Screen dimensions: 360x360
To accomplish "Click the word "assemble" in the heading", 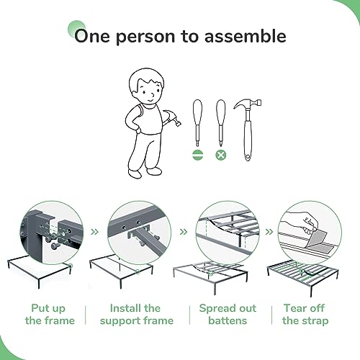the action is (x=245, y=36).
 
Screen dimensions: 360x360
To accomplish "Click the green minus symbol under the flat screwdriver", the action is (x=198, y=155).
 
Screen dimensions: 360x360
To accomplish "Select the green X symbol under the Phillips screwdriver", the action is (x=221, y=155).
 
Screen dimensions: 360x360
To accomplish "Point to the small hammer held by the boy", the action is (x=171, y=118).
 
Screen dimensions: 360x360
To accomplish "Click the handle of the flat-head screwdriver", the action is (x=197, y=112).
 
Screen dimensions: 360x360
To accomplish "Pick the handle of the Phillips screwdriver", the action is (x=221, y=112).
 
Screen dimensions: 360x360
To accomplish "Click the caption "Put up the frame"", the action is (x=50, y=315).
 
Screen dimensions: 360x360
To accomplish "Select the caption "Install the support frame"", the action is (x=136, y=315).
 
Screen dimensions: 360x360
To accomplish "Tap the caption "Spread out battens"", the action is (x=228, y=315).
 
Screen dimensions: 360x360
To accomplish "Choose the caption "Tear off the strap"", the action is (x=305, y=315).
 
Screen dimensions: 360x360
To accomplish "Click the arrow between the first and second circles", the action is (x=95, y=232).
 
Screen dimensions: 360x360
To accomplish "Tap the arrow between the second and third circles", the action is (x=184, y=232).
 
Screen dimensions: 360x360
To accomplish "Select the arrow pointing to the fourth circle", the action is (x=269, y=232).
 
